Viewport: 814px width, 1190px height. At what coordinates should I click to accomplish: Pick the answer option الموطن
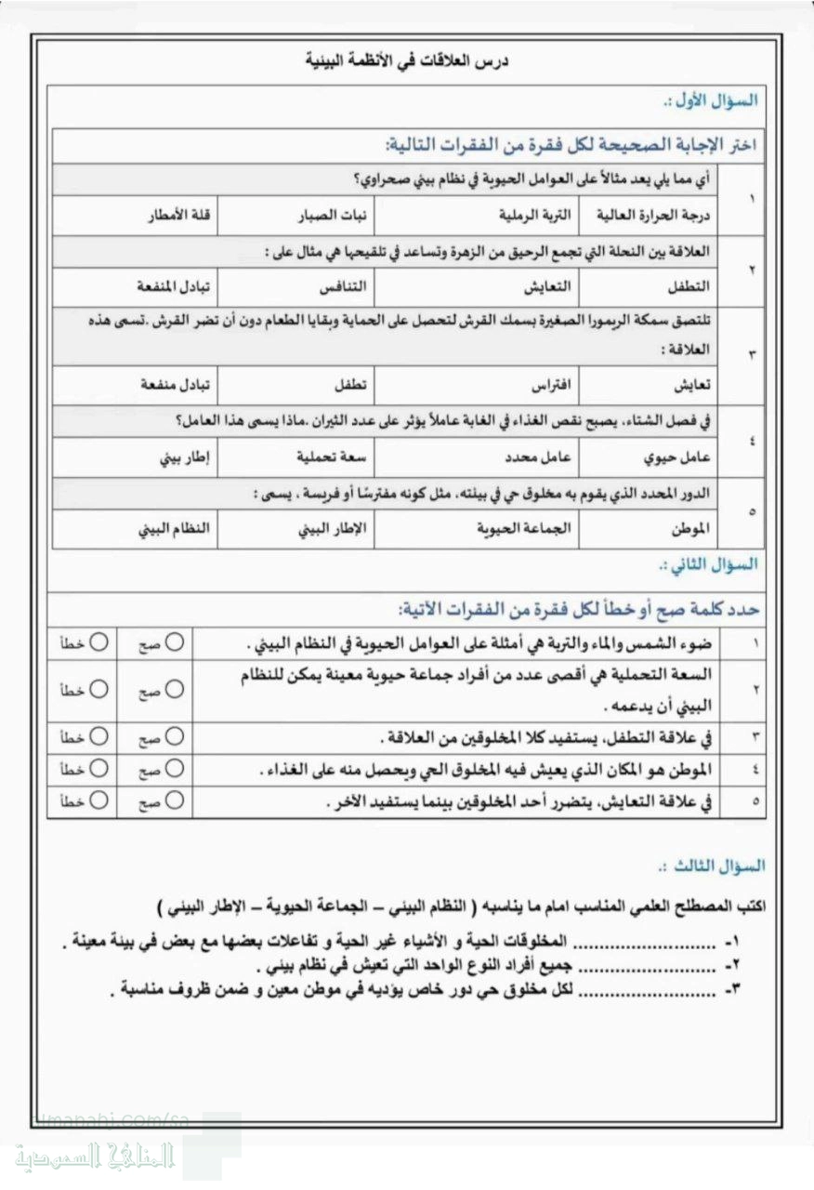(689, 529)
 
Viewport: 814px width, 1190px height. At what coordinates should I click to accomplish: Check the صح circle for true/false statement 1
(175, 642)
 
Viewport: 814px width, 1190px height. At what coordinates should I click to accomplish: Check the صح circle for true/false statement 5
(175, 800)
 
